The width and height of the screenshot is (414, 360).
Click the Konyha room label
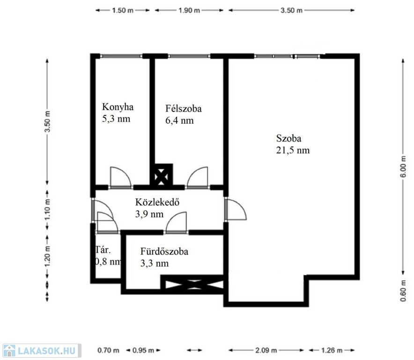(118, 107)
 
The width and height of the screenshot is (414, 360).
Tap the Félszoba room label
(184, 109)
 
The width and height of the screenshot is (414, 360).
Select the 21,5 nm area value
(293, 150)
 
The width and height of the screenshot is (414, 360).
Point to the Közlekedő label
(157, 202)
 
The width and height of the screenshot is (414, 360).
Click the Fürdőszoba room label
(164, 251)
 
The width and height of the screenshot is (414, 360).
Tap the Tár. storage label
(103, 250)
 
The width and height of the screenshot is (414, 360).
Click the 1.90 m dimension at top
(189, 10)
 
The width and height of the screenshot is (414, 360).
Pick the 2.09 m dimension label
(266, 351)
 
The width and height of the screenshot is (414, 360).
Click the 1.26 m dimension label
(332, 351)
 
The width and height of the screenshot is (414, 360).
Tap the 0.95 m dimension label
(143, 351)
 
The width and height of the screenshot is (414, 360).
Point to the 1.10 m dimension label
(47, 209)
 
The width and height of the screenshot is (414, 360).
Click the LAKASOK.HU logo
(42, 351)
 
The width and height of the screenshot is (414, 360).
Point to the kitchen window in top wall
(121, 56)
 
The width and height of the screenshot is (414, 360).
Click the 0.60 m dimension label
(403, 291)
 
